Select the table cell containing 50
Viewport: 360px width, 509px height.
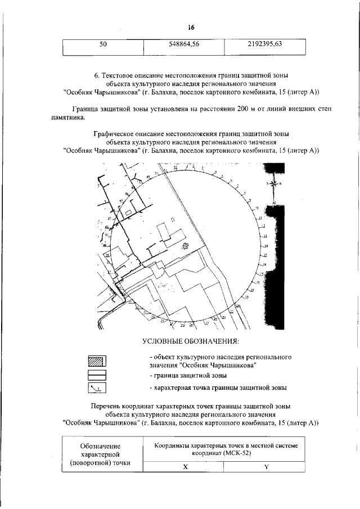tap(103, 44)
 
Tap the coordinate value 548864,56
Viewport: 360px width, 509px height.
tap(184, 44)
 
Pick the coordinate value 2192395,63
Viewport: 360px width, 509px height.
tap(264, 44)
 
